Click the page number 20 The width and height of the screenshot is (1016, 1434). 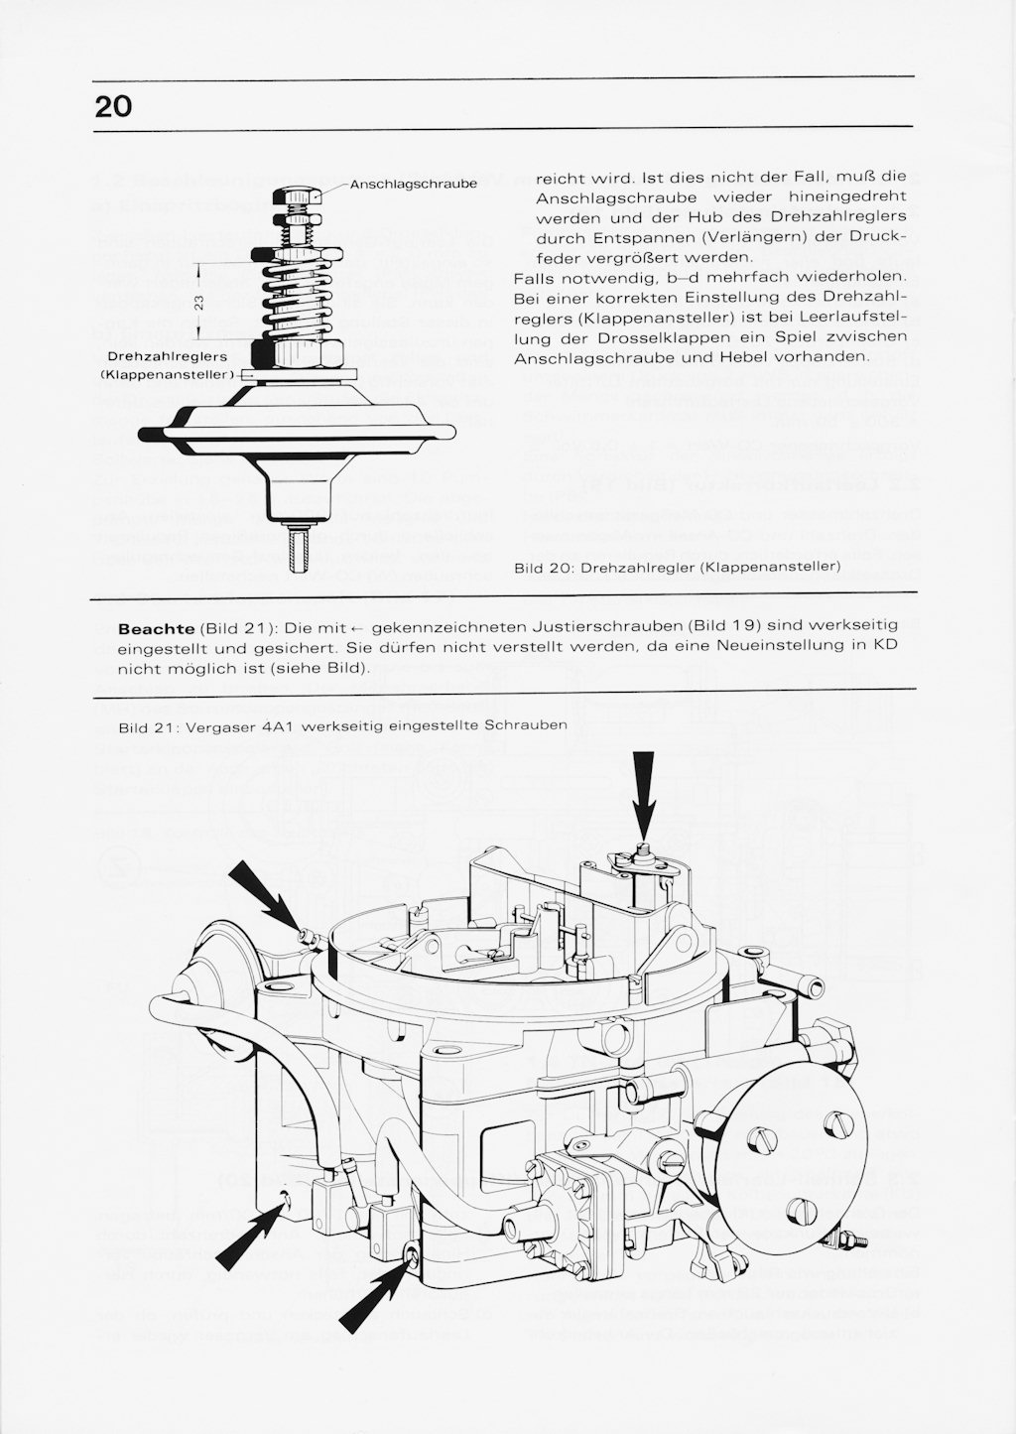113,106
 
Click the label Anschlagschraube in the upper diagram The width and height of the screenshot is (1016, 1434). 414,185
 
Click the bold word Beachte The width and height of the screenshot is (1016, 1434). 156,629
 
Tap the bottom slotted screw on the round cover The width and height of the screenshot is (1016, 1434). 803,1210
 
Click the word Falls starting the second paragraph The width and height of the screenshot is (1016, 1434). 536,275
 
